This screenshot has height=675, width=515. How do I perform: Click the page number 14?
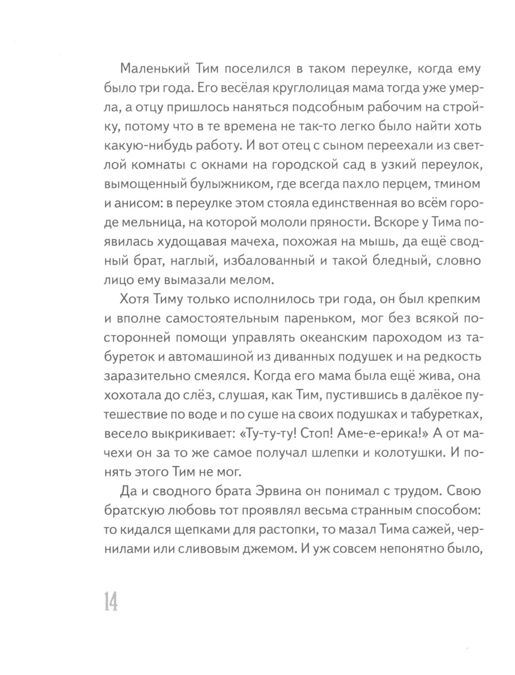pyautogui.click(x=111, y=600)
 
